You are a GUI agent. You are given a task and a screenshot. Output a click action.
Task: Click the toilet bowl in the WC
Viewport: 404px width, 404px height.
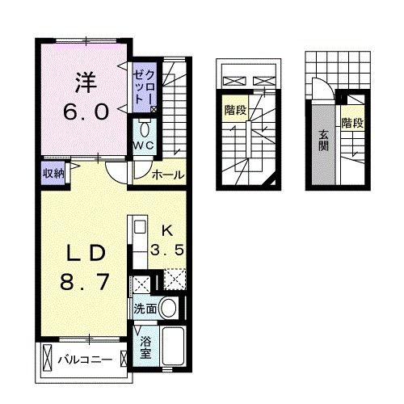point(145,128)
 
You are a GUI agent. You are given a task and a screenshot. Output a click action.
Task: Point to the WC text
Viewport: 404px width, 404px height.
point(144,146)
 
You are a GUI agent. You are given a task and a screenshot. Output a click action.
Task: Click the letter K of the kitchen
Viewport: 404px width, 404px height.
point(167,230)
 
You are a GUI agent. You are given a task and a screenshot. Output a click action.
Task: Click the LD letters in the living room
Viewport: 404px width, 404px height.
point(83,253)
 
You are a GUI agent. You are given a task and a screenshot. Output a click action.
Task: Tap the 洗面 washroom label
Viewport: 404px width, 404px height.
point(145,308)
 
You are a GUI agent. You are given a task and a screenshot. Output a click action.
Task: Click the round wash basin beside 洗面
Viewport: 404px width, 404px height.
point(169,308)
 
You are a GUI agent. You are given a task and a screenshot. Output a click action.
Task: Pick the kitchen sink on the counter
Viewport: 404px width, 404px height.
point(137,227)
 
